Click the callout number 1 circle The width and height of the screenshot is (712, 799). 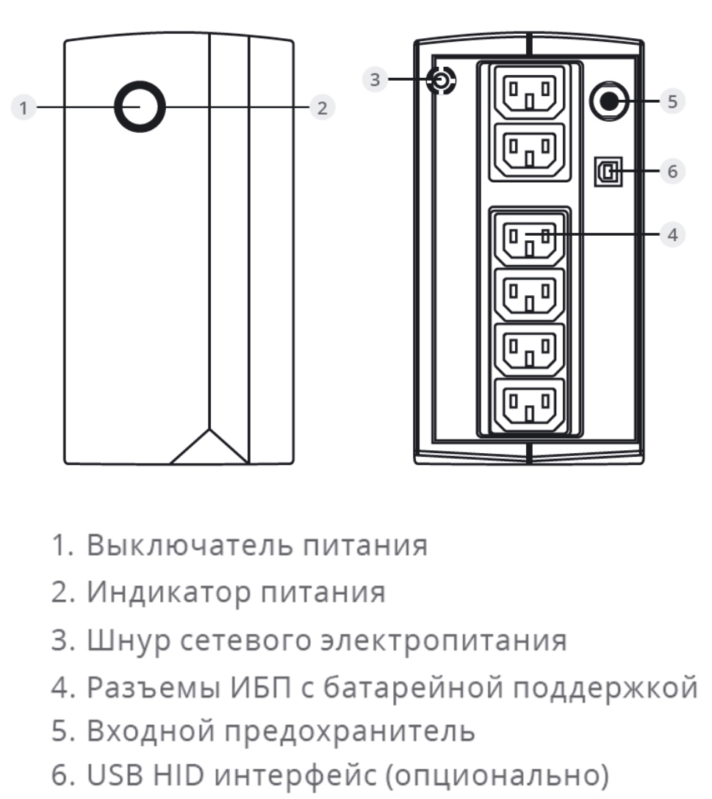tap(24, 107)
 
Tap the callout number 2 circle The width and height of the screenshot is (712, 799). tap(321, 107)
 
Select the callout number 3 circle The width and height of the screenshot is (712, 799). tap(375, 79)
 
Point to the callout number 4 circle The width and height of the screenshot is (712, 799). tap(672, 234)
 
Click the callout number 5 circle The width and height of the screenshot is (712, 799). tap(672, 101)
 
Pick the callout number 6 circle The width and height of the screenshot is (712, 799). tap(672, 171)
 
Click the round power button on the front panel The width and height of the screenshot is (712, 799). tap(140, 107)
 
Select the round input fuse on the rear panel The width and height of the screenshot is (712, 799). tap(608, 101)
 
